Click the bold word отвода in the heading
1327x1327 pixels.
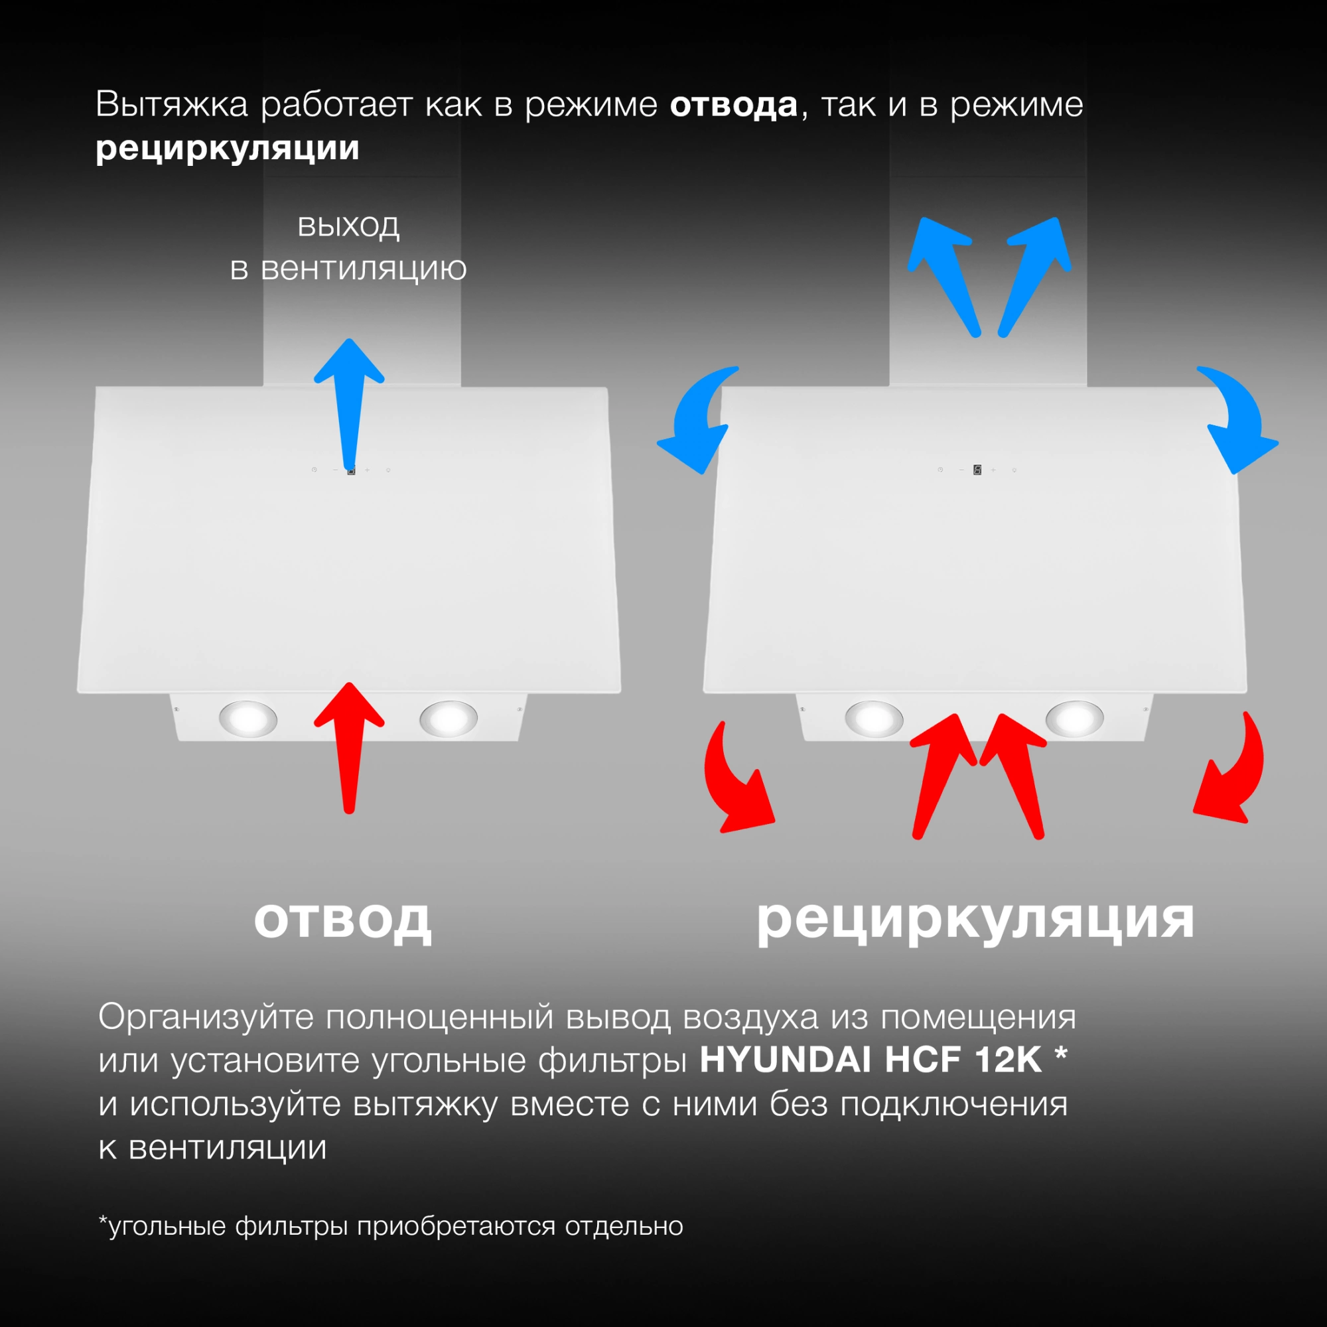734,105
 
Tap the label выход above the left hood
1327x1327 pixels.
348,226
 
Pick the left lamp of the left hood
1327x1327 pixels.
248,719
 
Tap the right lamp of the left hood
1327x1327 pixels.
449,719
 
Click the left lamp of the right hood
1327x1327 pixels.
874,719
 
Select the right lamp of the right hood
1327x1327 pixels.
1074,719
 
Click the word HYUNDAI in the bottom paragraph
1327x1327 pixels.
785,1060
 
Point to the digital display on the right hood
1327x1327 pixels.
977,470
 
